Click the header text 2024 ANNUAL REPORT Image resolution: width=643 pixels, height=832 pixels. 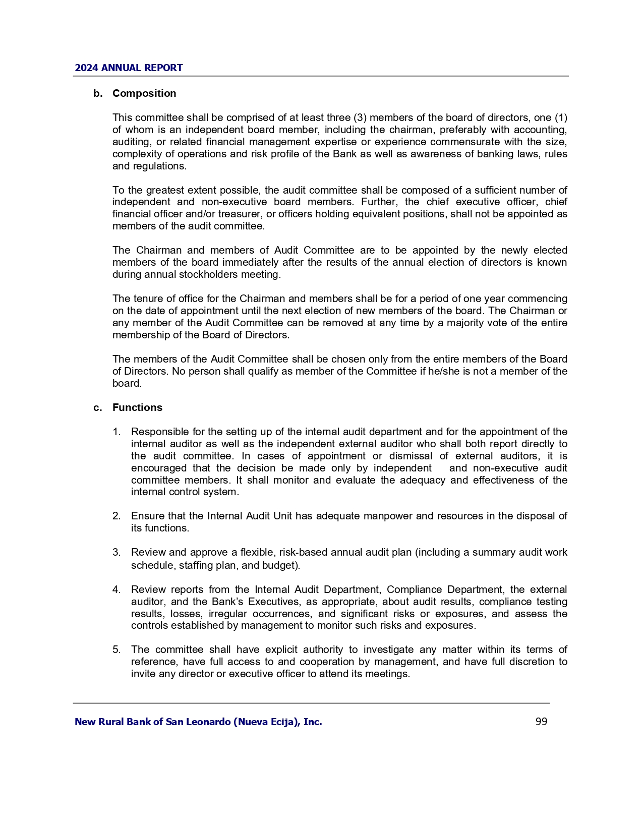coord(129,68)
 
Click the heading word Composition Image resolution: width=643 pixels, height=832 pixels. coord(144,93)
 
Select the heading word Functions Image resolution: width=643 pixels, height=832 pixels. coord(137,407)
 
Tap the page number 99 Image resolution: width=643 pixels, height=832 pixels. coord(541,722)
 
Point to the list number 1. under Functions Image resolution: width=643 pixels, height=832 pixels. coord(116,432)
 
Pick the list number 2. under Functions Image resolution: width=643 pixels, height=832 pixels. coord(116,516)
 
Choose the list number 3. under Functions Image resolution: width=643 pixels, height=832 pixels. coord(116,552)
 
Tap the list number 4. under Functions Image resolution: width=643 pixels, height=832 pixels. coord(116,589)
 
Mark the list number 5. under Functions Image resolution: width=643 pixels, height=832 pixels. coord(116,649)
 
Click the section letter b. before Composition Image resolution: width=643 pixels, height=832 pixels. coord(98,93)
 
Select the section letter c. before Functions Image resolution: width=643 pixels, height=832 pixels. coord(98,407)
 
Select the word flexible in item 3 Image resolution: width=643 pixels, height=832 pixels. coord(257,552)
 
